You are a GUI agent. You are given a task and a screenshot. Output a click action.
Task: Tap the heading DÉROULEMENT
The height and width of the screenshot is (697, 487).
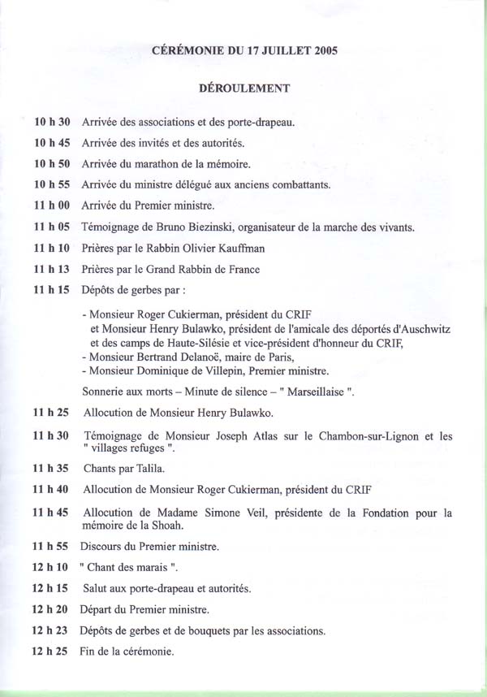coord(244,86)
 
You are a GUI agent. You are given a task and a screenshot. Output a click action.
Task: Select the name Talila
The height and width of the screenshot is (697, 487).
coord(149,468)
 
